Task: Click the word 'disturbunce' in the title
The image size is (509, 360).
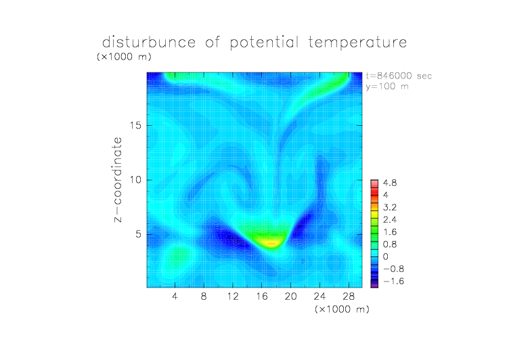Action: click(x=149, y=42)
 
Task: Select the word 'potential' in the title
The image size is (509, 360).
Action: click(x=264, y=43)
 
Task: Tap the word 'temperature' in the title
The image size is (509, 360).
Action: click(x=357, y=43)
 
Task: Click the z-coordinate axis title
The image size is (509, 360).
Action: click(x=118, y=179)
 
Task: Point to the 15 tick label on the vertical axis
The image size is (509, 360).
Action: click(x=135, y=125)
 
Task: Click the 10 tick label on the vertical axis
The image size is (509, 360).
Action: click(x=135, y=180)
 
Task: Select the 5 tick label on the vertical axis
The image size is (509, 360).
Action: click(x=139, y=234)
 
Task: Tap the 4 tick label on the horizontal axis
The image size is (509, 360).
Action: click(x=175, y=296)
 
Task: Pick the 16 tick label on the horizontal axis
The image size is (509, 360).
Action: click(x=262, y=296)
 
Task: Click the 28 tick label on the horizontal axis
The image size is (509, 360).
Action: click(x=349, y=296)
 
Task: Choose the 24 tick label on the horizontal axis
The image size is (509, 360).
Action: click(x=319, y=296)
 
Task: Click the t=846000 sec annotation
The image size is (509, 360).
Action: click(x=399, y=76)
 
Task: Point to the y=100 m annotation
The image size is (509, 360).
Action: click(x=387, y=87)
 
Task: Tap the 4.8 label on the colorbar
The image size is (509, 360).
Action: click(x=390, y=183)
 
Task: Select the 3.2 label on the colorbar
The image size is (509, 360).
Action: click(x=390, y=208)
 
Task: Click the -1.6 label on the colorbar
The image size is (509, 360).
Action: click(x=394, y=281)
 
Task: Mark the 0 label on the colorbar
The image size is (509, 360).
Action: click(x=386, y=256)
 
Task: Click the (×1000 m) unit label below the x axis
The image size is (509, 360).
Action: click(x=342, y=309)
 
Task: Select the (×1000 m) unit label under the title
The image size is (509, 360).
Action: click(x=124, y=57)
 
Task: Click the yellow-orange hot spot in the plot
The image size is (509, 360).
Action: click(x=272, y=243)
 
